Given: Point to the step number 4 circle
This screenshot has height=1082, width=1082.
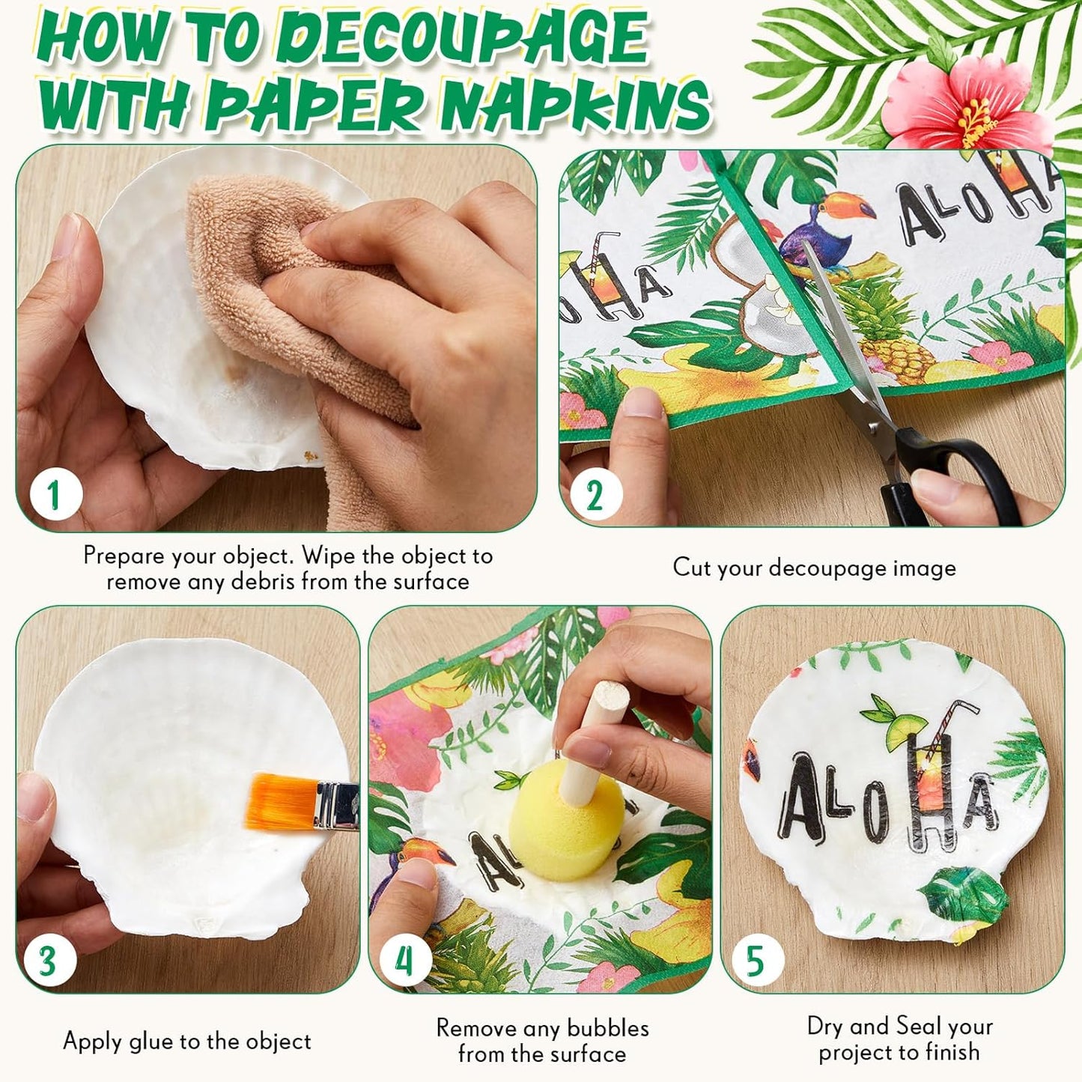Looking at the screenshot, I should pos(405,961).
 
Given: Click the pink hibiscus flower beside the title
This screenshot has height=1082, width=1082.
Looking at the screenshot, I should pos(966,105).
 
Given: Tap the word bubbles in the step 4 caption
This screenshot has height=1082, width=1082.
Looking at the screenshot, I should pos(607,1027).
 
